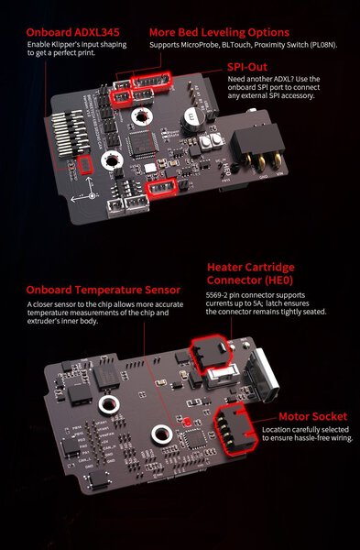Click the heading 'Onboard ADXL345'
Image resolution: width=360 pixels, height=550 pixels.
point(72,33)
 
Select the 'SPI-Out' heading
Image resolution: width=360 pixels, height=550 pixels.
point(247,67)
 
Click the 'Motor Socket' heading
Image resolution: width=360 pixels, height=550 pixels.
point(312,417)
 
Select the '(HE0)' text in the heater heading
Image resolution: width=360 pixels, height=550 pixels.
point(278,280)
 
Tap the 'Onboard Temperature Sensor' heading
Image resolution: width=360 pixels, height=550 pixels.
point(104,290)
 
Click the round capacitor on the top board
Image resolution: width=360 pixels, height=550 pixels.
point(192,118)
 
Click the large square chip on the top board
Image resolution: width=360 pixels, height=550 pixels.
point(142,143)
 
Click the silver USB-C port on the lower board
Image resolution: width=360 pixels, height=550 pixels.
point(262,372)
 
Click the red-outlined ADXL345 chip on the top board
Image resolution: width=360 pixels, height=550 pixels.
point(85,165)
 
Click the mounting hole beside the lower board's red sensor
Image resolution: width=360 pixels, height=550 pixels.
point(161,434)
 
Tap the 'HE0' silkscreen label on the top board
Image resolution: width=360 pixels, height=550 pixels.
point(227,170)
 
